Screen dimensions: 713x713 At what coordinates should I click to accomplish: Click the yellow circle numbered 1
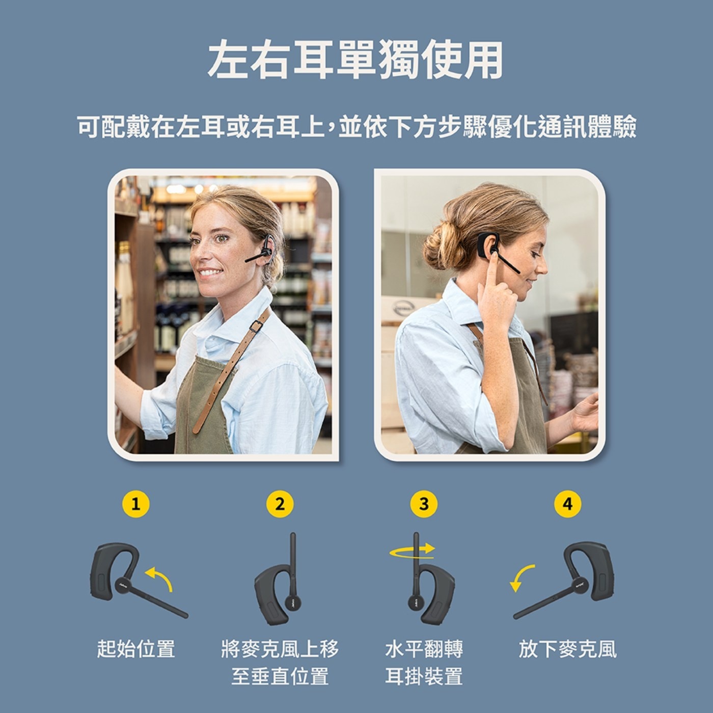[x=135, y=504]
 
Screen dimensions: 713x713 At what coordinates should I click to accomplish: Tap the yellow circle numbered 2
[x=280, y=504]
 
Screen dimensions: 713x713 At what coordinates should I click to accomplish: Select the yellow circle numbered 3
[x=424, y=504]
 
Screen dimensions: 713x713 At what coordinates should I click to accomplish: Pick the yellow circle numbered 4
[x=568, y=504]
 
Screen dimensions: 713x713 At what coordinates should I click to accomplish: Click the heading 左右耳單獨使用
[x=356, y=60]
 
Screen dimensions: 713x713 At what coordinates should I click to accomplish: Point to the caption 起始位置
[x=136, y=649]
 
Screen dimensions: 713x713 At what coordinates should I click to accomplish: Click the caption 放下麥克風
[x=568, y=649]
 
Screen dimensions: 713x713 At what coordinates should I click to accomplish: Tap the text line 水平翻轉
[x=424, y=649]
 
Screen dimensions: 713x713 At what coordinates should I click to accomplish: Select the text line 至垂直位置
[x=280, y=676]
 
